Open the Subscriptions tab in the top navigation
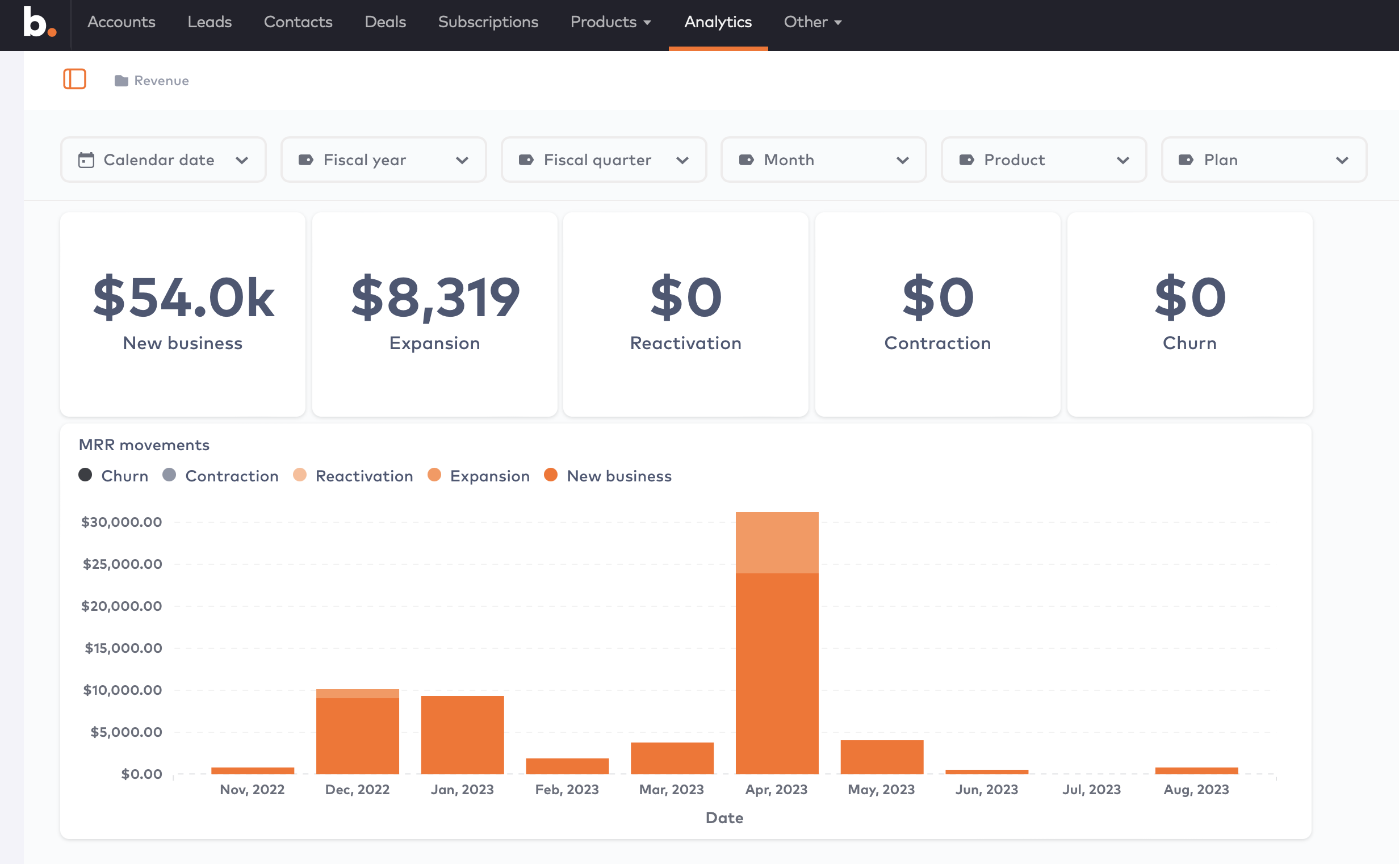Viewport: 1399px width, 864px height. click(x=488, y=22)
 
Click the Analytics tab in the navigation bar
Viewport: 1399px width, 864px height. click(x=718, y=22)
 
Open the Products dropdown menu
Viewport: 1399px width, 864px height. click(x=610, y=22)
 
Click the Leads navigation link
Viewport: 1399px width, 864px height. click(x=209, y=22)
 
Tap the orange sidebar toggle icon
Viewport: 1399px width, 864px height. click(x=74, y=79)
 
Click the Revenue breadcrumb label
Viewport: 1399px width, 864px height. click(x=161, y=81)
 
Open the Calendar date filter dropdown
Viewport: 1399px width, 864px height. click(x=164, y=160)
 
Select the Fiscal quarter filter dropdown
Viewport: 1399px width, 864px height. click(x=604, y=160)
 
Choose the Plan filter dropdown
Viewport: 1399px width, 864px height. click(x=1263, y=160)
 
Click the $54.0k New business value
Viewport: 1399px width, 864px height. click(x=183, y=297)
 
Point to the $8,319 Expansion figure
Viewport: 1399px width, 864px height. click(x=435, y=297)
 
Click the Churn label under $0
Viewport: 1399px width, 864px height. click(x=1189, y=343)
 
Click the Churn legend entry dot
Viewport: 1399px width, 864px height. click(x=85, y=475)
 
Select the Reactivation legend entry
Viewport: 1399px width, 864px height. click(x=363, y=476)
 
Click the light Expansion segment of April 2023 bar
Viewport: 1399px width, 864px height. click(x=777, y=542)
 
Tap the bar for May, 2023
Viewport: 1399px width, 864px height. click(x=881, y=757)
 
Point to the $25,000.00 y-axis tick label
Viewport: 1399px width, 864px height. click(x=122, y=564)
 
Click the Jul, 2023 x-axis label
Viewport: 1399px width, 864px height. click(x=1091, y=789)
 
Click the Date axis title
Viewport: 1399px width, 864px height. click(x=724, y=817)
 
